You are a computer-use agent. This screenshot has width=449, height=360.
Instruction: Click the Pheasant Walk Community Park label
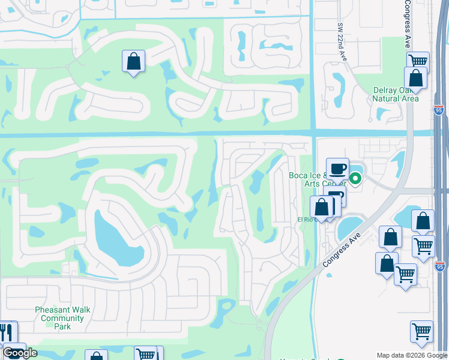point(62,318)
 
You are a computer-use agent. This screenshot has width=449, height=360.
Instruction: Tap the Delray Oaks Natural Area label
point(395,94)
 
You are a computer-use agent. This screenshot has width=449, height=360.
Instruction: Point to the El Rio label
point(306,220)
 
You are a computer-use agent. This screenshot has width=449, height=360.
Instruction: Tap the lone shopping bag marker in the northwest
point(133,61)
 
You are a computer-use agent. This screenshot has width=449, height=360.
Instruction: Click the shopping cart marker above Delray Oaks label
point(417,61)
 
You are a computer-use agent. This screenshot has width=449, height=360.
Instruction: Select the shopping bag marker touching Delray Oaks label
point(415,78)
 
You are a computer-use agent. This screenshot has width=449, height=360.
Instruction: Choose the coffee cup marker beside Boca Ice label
point(337,169)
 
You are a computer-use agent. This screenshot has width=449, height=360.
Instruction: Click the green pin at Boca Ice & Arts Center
point(355,178)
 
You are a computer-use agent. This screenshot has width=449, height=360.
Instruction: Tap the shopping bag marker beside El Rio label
point(322,208)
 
